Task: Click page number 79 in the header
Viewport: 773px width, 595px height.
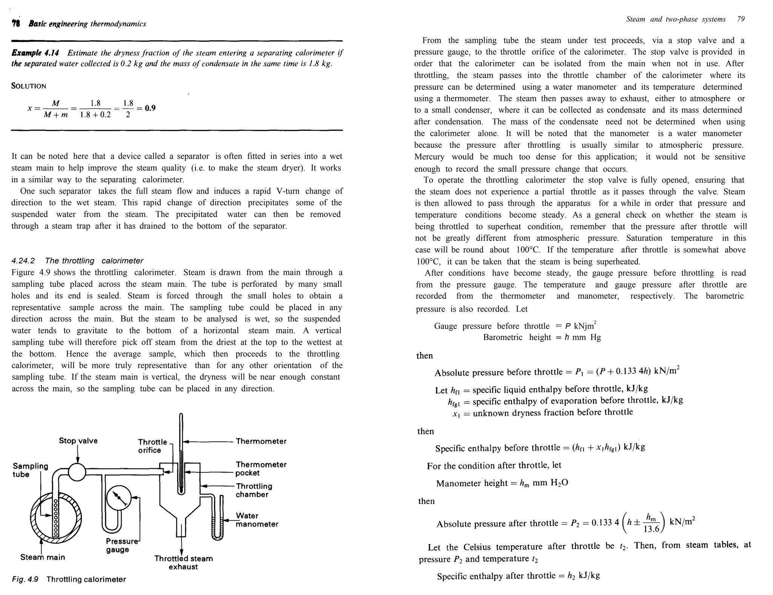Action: pyautogui.click(x=741, y=19)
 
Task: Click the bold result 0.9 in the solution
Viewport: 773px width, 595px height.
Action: pyautogui.click(x=150, y=108)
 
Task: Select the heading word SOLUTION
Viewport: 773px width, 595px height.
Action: pyautogui.click(x=29, y=86)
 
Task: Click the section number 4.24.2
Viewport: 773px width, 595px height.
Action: pyautogui.click(x=23, y=261)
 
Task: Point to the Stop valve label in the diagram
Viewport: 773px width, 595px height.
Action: pyautogui.click(x=78, y=441)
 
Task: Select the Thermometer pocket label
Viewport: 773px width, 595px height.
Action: pyautogui.click(x=261, y=469)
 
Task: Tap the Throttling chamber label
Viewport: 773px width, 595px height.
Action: pyautogui.click(x=254, y=490)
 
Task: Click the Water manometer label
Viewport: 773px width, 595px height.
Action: pyautogui.click(x=257, y=520)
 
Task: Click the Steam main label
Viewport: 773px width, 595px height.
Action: pyautogui.click(x=43, y=557)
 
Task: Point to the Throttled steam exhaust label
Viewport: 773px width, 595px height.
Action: pyautogui.click(x=183, y=563)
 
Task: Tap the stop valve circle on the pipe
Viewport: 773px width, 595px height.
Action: pyautogui.click(x=77, y=472)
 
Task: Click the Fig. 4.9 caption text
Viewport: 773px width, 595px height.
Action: pyautogui.click(x=69, y=579)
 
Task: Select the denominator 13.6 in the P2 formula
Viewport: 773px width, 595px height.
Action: pyautogui.click(x=651, y=529)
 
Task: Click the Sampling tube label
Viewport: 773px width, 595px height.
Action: pyautogui.click(x=30, y=470)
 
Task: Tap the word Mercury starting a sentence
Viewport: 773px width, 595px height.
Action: pyautogui.click(x=429, y=157)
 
